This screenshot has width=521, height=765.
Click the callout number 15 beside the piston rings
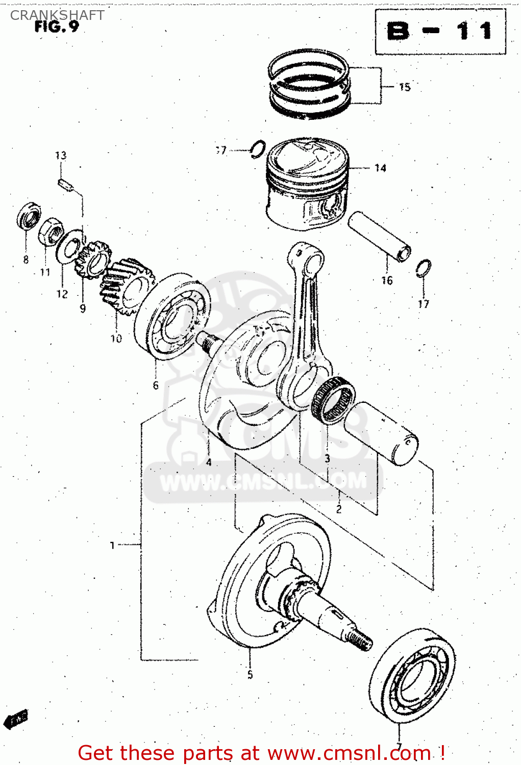point(405,87)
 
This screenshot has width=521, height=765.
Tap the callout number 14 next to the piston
point(380,168)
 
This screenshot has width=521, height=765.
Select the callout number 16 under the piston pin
point(387,280)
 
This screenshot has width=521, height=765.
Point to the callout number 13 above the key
point(61,156)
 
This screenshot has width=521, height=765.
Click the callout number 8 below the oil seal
point(26,260)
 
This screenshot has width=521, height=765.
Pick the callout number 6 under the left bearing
point(156,386)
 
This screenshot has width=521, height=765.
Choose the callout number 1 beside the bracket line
point(112,545)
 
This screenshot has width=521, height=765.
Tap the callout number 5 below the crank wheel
point(250,674)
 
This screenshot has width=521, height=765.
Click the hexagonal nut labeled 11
point(51,232)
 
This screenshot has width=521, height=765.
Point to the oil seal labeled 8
point(29,216)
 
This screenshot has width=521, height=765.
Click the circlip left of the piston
point(258,149)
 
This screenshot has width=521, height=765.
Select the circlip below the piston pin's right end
point(424,268)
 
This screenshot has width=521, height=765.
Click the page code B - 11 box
point(440,32)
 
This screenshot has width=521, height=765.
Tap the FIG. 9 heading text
point(57,27)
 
